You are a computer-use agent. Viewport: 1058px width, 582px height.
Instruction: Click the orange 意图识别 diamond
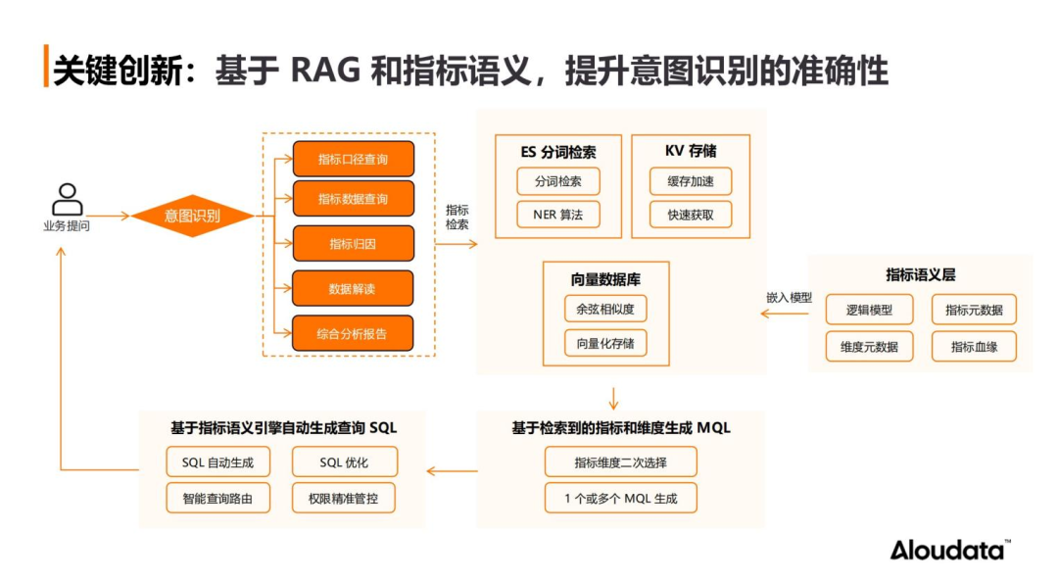coord(192,217)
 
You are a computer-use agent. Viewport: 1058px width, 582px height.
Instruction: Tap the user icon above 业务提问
coord(68,199)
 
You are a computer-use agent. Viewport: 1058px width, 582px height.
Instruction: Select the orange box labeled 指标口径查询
coord(353,160)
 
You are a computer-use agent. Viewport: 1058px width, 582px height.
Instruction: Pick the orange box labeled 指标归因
coord(353,244)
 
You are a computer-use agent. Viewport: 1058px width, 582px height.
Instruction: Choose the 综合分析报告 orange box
coord(353,333)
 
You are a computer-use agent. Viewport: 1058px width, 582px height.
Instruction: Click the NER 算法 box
coord(558,215)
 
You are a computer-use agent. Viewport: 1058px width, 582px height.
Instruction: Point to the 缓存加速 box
coord(691,181)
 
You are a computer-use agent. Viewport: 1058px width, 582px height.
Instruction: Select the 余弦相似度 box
coord(605,310)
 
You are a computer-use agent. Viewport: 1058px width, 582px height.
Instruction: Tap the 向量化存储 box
coord(605,344)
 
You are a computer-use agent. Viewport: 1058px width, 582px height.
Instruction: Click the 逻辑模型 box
coord(869,310)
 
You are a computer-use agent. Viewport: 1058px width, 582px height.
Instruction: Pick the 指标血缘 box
coord(974,347)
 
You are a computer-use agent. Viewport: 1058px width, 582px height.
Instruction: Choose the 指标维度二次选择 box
coord(621,462)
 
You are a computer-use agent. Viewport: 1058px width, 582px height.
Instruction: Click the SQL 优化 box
coord(344,462)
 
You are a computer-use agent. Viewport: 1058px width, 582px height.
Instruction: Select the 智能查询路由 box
coord(217,499)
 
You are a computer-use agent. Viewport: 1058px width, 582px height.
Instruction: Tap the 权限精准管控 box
coord(344,499)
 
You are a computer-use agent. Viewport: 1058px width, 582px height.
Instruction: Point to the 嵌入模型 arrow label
coord(789,298)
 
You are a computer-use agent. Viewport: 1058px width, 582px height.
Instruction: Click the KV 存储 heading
coord(691,151)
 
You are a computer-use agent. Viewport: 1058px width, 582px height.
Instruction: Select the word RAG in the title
coord(325,71)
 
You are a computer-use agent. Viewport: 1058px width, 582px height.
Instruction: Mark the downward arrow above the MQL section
coord(613,399)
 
